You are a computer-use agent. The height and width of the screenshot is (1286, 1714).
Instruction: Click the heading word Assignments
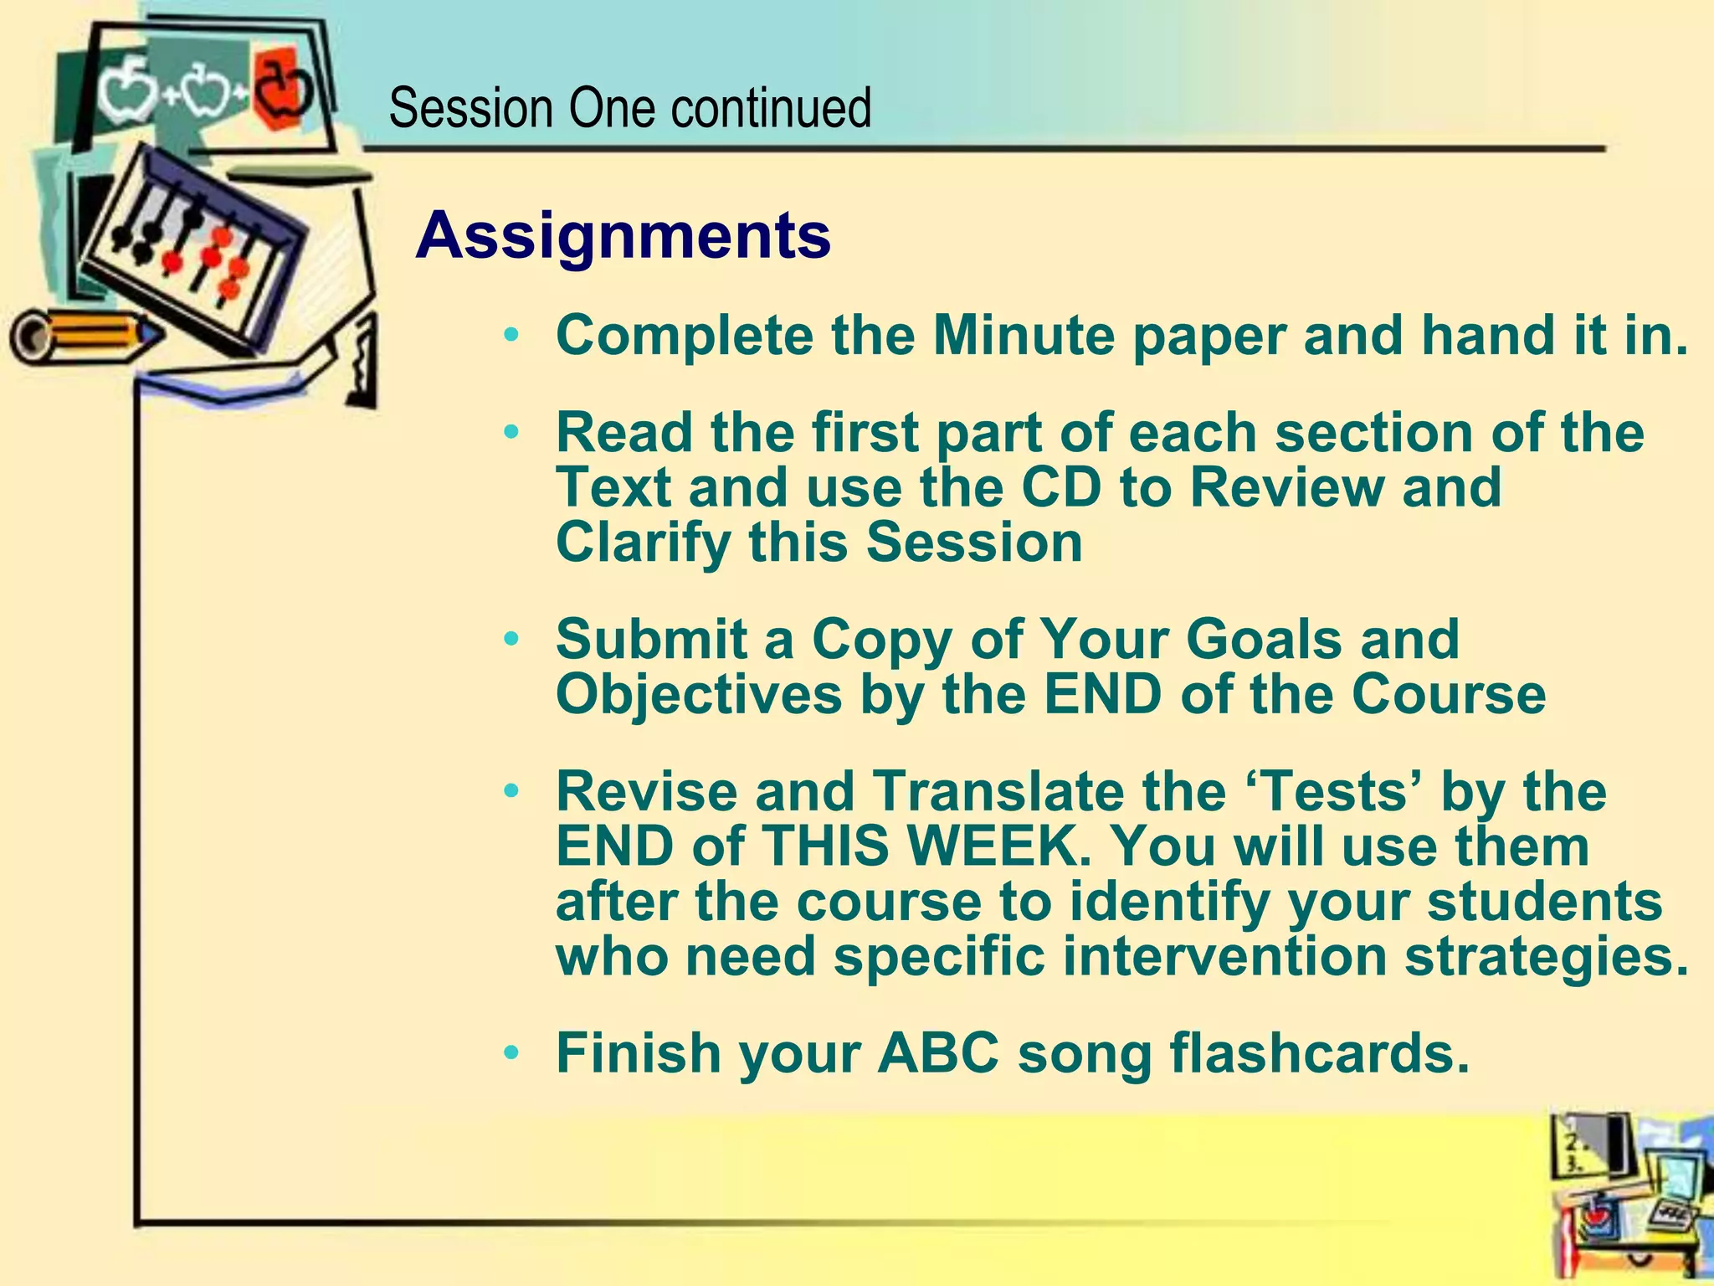(624, 236)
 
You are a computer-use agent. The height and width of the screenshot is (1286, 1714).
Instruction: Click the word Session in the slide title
(471, 108)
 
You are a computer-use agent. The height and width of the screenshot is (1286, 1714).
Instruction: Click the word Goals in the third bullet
(1263, 640)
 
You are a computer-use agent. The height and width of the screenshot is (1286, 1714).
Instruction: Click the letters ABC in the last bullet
(937, 1053)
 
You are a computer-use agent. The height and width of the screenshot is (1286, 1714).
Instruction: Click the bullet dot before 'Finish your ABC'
(512, 1052)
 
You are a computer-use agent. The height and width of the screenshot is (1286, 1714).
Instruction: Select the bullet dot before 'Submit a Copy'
(512, 640)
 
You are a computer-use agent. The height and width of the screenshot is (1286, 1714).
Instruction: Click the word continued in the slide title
(770, 108)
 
